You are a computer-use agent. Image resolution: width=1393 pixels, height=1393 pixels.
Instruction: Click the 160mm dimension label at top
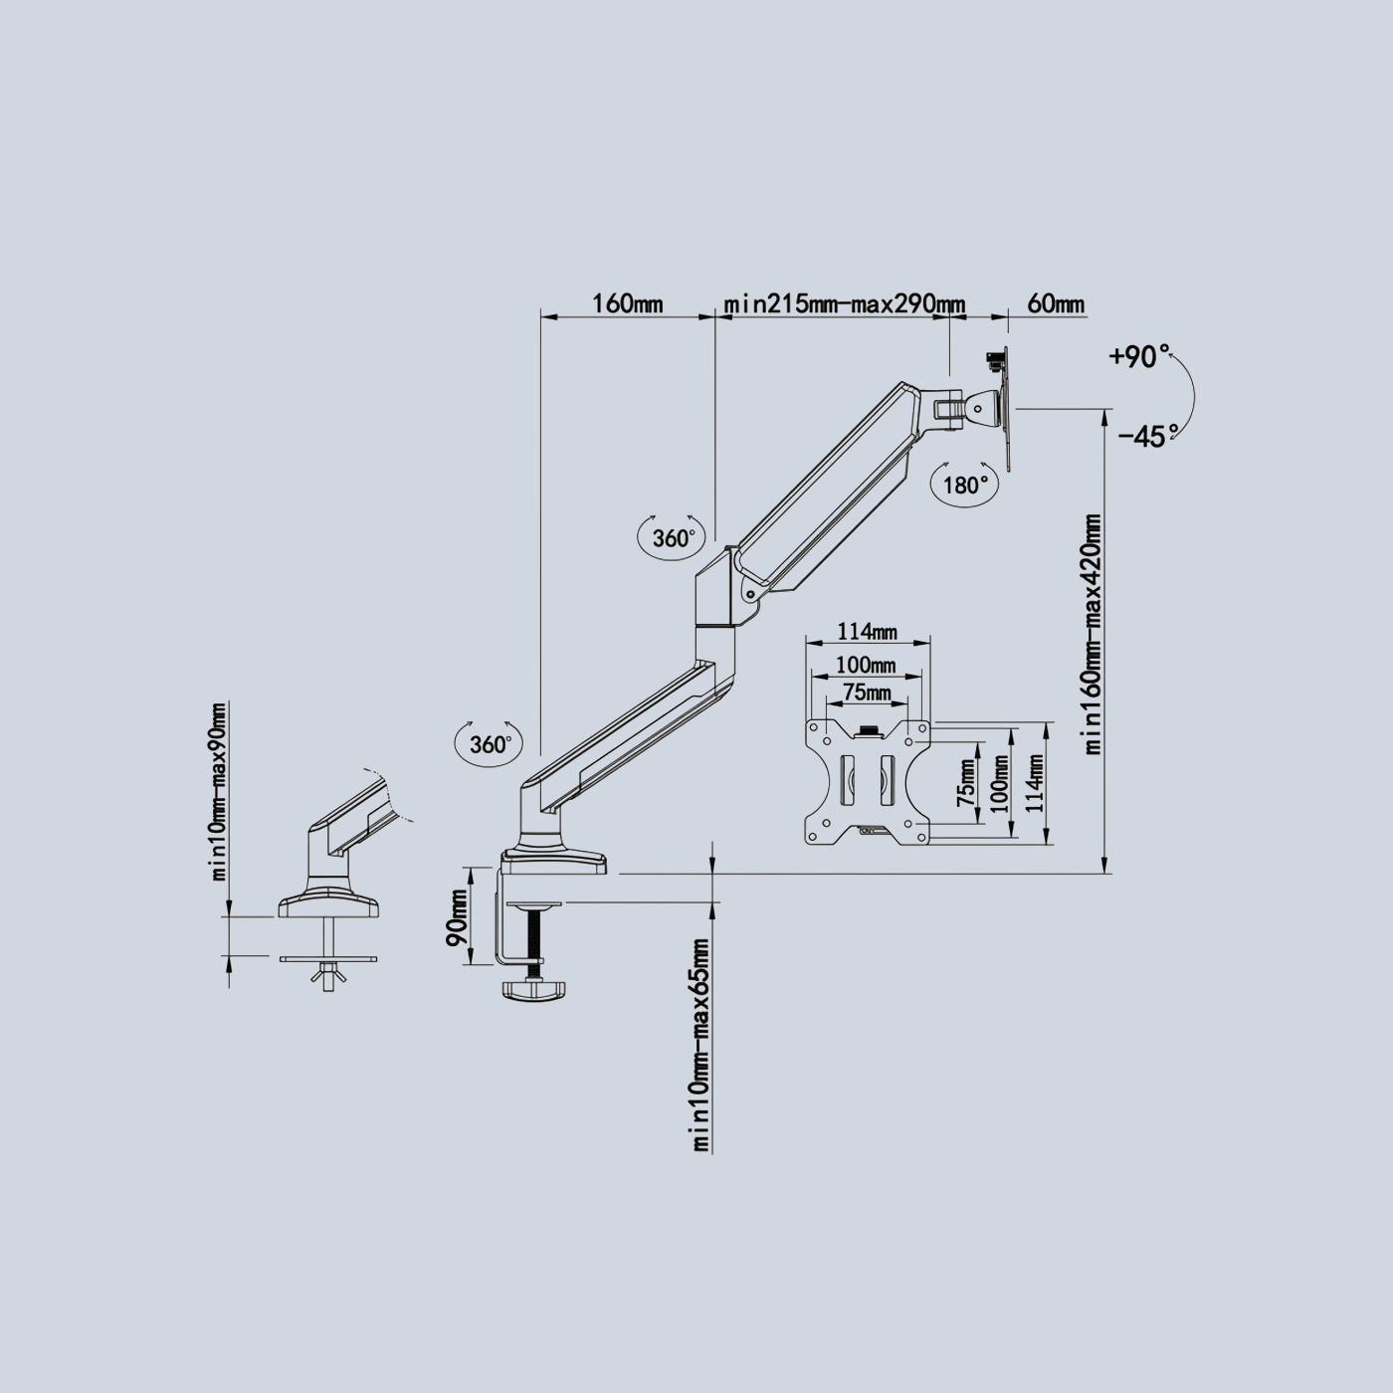[628, 302]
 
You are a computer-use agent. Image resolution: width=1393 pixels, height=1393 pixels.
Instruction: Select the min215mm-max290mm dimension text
[845, 303]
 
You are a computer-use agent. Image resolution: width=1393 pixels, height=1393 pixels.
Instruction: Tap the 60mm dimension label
[1056, 302]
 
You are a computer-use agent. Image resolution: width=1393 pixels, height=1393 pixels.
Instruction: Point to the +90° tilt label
[1140, 356]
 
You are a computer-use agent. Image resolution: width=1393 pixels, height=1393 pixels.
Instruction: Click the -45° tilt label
[1148, 437]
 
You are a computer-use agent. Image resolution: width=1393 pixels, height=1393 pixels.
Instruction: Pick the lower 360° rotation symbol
[488, 744]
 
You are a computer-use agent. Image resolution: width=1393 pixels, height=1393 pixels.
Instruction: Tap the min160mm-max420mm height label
[1093, 634]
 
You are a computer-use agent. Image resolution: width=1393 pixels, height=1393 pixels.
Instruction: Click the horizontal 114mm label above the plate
[868, 632]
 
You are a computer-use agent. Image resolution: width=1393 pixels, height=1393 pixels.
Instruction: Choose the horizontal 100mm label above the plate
[866, 665]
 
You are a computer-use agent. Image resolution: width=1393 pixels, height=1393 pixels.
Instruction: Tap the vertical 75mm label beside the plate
[966, 784]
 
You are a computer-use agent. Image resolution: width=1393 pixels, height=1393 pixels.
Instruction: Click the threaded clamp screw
[535, 940]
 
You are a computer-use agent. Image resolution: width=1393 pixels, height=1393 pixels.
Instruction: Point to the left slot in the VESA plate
[847, 780]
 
